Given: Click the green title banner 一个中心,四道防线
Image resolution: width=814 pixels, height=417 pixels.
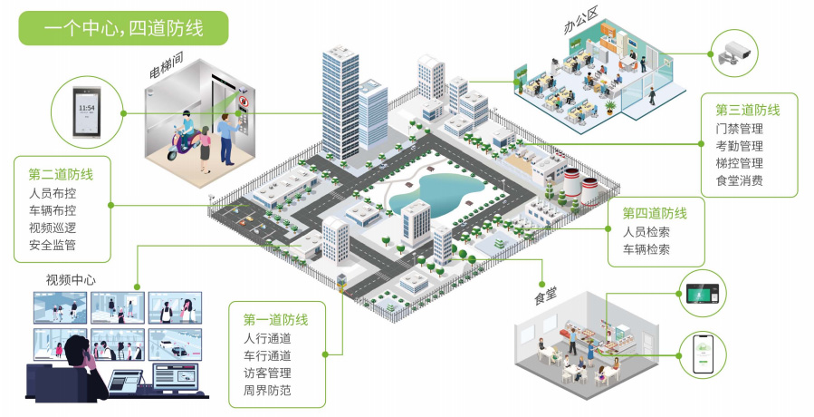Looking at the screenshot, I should (124, 27).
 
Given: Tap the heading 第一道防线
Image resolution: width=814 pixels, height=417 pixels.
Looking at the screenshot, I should (276, 320).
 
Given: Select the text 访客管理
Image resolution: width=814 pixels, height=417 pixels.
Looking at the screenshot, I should (267, 373).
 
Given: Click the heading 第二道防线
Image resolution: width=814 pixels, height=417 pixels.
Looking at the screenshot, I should (62, 175).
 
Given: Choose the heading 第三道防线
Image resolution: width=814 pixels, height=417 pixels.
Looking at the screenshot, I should (748, 111).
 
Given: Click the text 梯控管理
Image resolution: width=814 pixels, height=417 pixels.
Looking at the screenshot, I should (739, 163).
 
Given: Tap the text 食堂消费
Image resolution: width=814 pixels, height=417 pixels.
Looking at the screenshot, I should (739, 180).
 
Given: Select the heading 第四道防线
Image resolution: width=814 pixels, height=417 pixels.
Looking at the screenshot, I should (655, 214).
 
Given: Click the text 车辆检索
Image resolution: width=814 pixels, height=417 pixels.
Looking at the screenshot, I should (646, 249).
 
